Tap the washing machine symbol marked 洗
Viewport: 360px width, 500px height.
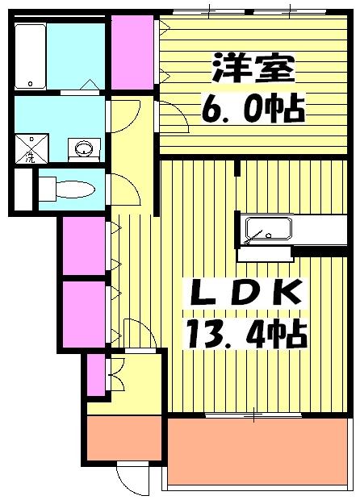pyautogui.click(x=29, y=148)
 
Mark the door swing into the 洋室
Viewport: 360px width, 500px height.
pyautogui.click(x=174, y=119)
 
